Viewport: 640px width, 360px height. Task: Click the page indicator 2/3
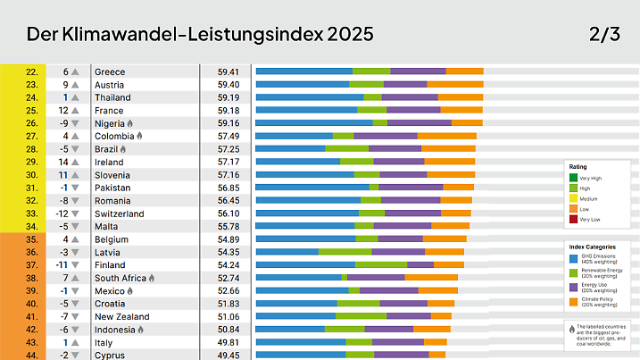604,35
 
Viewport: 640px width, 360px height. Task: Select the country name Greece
110,71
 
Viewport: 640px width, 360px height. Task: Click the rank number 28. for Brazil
31,149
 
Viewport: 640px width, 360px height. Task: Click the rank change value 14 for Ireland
63,162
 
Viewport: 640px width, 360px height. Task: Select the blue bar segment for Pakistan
312,188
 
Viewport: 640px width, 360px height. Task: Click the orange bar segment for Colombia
446,136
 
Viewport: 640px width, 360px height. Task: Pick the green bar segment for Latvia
345,252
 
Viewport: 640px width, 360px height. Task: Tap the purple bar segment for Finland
420,265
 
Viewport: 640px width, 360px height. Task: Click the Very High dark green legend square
574,177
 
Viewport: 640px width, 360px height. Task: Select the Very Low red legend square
574,219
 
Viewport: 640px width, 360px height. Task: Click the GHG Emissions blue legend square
573,259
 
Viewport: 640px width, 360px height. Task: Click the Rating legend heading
578,166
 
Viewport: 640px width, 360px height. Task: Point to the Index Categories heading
591,247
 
